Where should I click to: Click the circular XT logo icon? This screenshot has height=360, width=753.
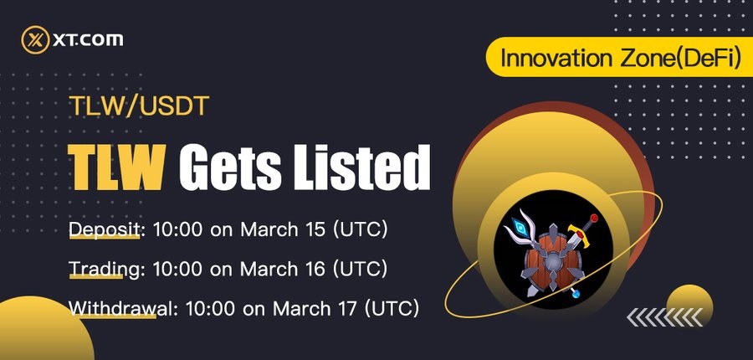click(x=35, y=40)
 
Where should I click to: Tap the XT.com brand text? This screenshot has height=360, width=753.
click(x=87, y=40)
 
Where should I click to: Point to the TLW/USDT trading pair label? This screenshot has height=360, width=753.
click(x=139, y=106)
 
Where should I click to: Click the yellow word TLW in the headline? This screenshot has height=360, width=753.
click(x=116, y=167)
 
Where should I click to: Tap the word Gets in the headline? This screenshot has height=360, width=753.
click(x=230, y=167)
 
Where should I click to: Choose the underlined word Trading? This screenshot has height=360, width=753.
click(x=104, y=270)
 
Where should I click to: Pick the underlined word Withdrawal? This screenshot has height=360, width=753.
click(x=120, y=308)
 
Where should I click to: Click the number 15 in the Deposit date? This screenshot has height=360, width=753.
click(x=315, y=229)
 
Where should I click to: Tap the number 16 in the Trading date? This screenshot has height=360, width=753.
click(x=315, y=269)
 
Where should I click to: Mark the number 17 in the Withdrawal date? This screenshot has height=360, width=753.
click(x=347, y=308)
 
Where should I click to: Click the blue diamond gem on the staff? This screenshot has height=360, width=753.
click(x=520, y=226)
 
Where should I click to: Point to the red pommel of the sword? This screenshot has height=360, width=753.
click(x=594, y=219)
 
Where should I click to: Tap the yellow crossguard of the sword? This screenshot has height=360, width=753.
click(x=579, y=235)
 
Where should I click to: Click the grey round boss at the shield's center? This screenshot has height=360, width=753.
click(x=553, y=262)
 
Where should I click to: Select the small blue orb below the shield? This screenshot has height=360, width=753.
click(x=576, y=294)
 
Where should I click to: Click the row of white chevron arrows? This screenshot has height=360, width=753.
click(x=664, y=317)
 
